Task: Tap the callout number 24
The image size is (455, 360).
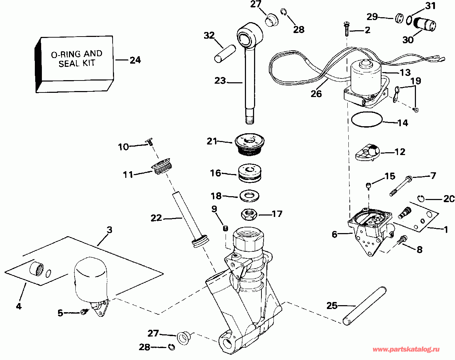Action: (x=135, y=60)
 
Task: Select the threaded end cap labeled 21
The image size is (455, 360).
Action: (x=249, y=144)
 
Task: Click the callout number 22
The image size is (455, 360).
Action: (x=156, y=218)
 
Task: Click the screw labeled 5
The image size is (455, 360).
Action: (x=84, y=311)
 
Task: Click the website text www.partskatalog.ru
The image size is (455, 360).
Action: (x=406, y=349)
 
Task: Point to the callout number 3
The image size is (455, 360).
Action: (x=109, y=230)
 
